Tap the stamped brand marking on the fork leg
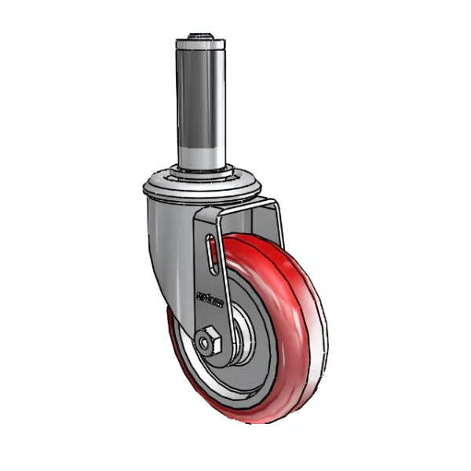pos(210,299)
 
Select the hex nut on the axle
pos(208,342)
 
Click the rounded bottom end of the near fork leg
pos(206,357)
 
